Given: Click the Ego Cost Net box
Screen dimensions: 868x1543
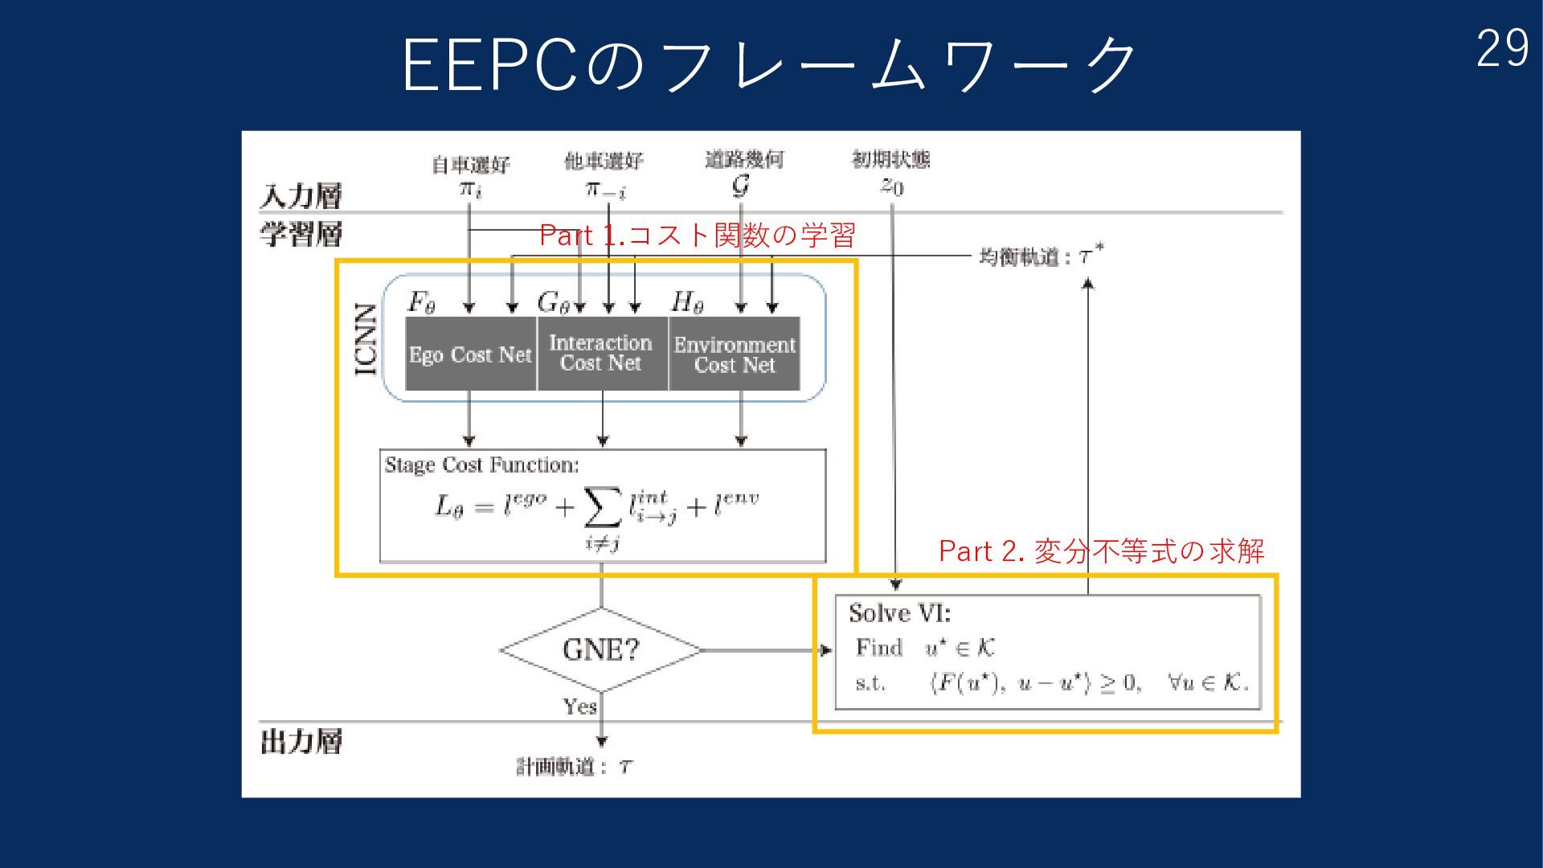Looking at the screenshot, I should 470,354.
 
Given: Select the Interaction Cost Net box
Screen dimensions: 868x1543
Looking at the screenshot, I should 601,354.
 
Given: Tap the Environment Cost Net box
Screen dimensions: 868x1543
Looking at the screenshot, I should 735,354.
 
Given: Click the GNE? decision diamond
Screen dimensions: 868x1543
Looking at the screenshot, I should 600,649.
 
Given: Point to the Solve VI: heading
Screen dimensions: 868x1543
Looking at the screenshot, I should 899,613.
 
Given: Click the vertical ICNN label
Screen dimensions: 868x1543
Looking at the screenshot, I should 366,339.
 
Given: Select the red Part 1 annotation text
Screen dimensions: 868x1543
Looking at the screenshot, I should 697,235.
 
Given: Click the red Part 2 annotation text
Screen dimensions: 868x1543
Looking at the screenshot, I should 1101,551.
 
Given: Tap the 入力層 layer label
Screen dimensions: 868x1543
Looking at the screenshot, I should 301,195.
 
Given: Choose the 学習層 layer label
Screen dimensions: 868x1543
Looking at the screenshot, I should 301,234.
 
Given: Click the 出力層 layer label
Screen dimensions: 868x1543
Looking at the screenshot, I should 301,741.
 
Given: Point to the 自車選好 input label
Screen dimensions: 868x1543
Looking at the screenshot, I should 471,165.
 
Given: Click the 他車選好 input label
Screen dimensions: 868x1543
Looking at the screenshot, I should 604,162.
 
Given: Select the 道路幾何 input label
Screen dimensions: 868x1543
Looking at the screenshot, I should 744,159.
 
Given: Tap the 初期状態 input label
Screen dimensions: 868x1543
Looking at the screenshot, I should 890,159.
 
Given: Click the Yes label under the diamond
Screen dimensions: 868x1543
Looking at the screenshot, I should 579,706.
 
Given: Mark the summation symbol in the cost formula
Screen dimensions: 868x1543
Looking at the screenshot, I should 603,506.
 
